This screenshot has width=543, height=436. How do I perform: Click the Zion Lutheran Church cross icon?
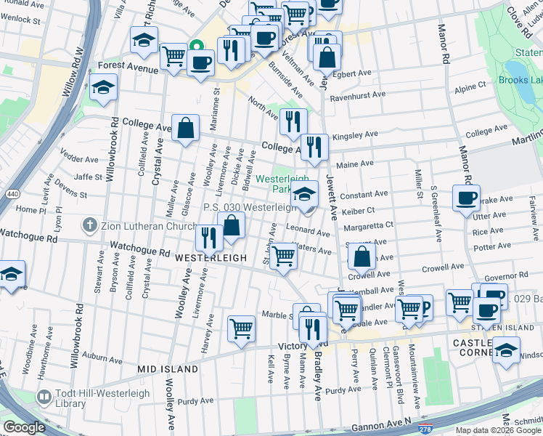[x=89, y=225]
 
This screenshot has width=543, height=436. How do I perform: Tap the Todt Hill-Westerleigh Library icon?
[x=43, y=397]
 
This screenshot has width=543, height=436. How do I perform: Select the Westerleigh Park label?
[x=280, y=184]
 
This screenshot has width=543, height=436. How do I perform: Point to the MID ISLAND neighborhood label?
[x=168, y=369]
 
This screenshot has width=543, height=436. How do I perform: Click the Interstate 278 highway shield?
[x=425, y=429]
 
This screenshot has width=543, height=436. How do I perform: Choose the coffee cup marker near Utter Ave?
[x=466, y=198]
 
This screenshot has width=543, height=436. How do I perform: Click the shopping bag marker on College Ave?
[x=186, y=128]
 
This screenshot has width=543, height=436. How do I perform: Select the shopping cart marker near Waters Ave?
[x=283, y=257]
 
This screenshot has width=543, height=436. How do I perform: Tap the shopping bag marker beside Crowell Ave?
[x=362, y=257]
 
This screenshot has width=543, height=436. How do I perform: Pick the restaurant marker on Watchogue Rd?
[x=208, y=238]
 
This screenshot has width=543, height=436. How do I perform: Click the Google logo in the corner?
[x=24, y=427]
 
